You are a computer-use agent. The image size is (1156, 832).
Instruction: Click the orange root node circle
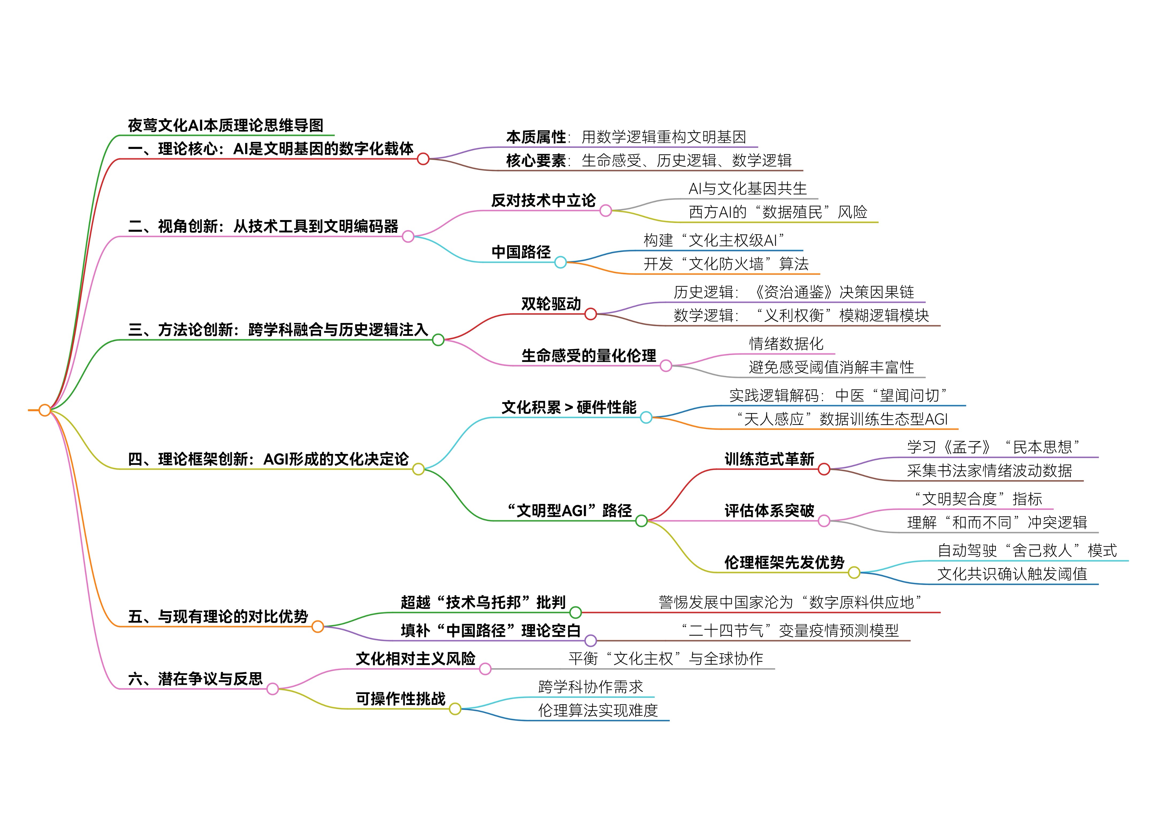(x=45, y=410)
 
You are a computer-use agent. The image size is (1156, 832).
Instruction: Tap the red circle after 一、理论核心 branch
(x=423, y=159)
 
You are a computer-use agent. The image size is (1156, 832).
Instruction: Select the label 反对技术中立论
(x=543, y=200)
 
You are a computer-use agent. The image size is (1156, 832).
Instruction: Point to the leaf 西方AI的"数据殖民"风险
(x=778, y=212)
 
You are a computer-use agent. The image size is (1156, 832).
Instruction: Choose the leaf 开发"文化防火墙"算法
(x=726, y=264)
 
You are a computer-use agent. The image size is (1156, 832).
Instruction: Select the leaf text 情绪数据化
(x=786, y=344)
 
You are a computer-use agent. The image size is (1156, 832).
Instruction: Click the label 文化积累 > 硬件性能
(x=569, y=407)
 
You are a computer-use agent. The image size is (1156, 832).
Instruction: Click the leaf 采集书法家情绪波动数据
(x=989, y=471)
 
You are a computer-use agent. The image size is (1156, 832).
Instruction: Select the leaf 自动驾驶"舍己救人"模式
(x=1027, y=550)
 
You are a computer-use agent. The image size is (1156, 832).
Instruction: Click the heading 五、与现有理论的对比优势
(x=218, y=617)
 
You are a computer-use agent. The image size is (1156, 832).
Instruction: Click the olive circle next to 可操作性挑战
(x=455, y=709)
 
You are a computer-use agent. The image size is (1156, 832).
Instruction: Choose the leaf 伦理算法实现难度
(x=598, y=710)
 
